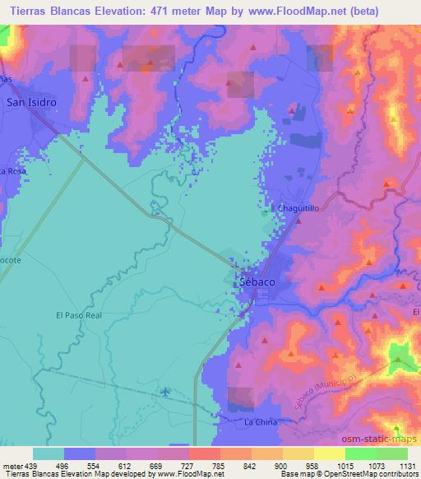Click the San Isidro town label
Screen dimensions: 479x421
(x=31, y=103)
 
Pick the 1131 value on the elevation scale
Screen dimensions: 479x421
(x=407, y=465)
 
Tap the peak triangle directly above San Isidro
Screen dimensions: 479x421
(x=86, y=79)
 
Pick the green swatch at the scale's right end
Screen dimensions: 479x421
(x=391, y=453)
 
